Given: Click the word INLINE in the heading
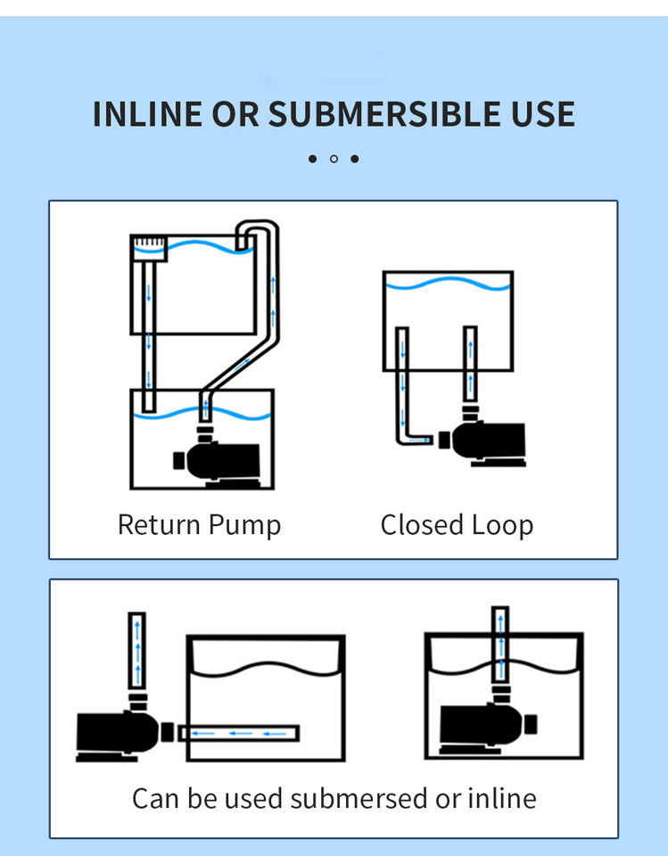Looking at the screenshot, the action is pos(147,114).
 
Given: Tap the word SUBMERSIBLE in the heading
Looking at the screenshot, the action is pos(383,114).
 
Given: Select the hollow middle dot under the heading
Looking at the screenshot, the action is pos(334,159).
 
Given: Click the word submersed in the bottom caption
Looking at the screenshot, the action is pos(359,798).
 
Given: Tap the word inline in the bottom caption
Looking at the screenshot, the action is pos(502,798).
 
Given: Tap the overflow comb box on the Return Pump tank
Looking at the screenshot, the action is pos(150,249).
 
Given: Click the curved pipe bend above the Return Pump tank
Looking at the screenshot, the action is pos(258,228).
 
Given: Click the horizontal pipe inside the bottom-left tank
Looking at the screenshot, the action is pos(239,733).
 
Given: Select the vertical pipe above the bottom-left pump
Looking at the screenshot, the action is pos(137,651).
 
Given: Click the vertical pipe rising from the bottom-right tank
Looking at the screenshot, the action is pos(500,644).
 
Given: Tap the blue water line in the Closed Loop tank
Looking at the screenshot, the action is pos(448,284).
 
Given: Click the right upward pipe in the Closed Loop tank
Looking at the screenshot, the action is pos(470,364).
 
